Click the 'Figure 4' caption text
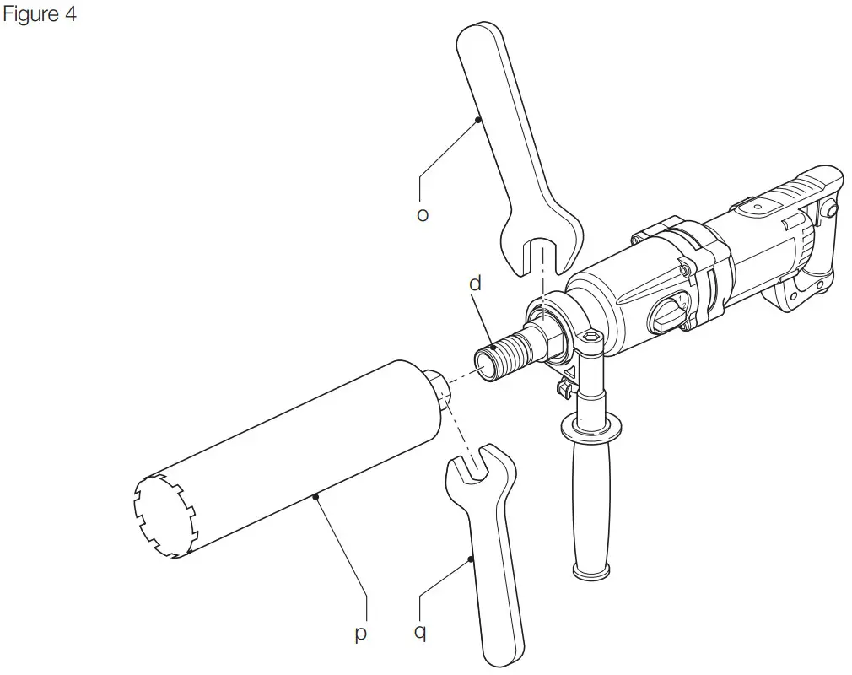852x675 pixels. [40, 14]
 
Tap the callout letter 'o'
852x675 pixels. [423, 215]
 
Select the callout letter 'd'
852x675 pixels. [475, 283]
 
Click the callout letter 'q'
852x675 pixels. [419, 632]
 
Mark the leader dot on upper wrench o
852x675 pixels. [478, 120]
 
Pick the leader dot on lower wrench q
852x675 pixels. [469, 559]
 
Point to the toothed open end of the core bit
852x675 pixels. [164, 517]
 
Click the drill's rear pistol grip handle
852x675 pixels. [810, 253]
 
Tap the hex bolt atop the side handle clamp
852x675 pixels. [592, 337]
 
